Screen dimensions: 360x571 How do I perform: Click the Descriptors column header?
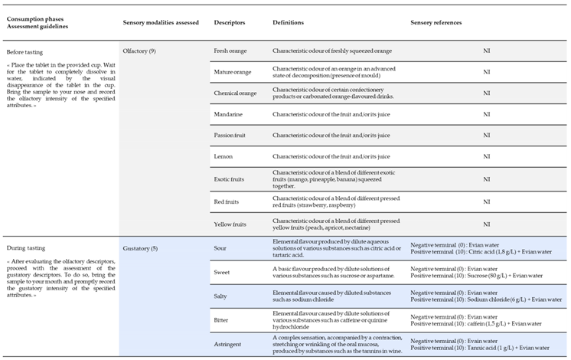pyautogui.click(x=230, y=23)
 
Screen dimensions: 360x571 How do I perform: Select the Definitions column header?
pyautogui.click(x=288, y=23)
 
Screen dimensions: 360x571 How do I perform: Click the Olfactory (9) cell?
pyautogui.click(x=141, y=51)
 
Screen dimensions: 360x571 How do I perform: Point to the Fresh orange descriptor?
pyautogui.click(x=232, y=51)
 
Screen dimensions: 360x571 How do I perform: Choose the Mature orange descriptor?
pyautogui.click(x=233, y=72)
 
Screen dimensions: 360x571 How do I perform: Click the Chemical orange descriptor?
pyautogui.click(x=235, y=93)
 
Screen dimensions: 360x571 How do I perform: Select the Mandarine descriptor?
pyautogui.click(x=230, y=114)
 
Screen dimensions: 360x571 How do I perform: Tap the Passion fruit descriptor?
pyautogui.click(x=232, y=136)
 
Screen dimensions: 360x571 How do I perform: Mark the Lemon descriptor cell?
pyautogui.click(x=224, y=156)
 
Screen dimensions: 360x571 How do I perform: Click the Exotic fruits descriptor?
pyautogui.click(x=231, y=178)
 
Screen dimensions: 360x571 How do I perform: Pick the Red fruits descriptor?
pyautogui.click(x=228, y=202)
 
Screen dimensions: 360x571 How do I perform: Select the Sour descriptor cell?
pyautogui.click(x=221, y=248)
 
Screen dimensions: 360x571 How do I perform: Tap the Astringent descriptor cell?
pyautogui.click(x=229, y=344)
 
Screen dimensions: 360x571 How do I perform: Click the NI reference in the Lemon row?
pyautogui.click(x=486, y=156)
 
